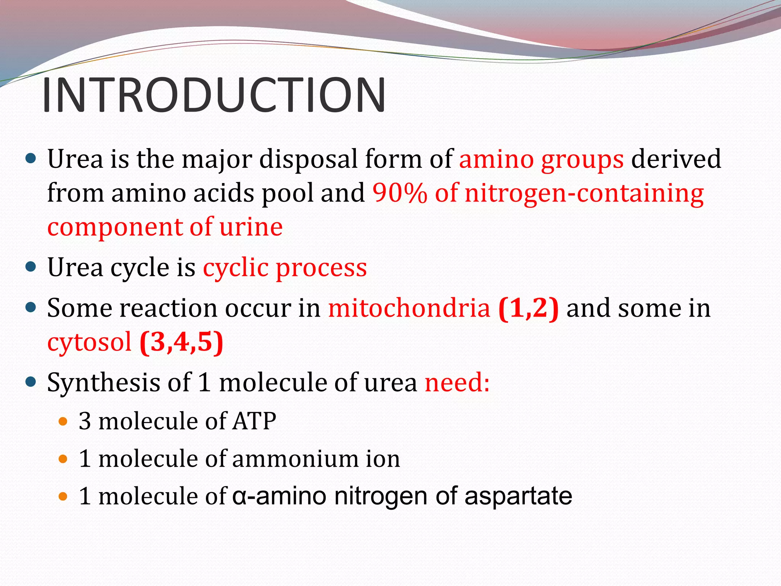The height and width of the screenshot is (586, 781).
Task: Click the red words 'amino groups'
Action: (542, 159)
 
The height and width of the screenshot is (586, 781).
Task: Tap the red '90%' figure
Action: (400, 193)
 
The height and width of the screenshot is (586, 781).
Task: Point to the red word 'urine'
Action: (251, 227)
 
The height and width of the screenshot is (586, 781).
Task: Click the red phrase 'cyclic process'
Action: (285, 267)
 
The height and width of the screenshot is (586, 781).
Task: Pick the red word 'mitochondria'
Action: (409, 308)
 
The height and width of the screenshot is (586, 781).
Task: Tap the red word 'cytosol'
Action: (89, 342)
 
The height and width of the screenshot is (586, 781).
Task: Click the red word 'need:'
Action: (457, 382)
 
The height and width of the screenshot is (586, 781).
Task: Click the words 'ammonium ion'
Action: (316, 459)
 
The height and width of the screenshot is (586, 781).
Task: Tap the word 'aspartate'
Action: (518, 496)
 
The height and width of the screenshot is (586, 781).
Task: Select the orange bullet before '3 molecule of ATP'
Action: (63, 422)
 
